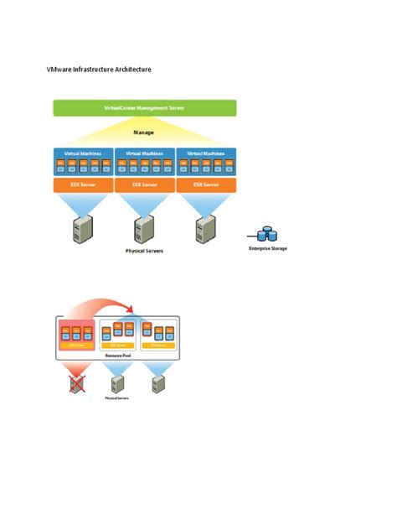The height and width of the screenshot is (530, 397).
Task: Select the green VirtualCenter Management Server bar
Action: pos(144,108)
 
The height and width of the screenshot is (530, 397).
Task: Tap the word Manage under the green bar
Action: pos(144,132)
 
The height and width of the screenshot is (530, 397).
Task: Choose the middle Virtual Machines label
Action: pos(144,153)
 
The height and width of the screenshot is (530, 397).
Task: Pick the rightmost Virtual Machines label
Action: pos(206,153)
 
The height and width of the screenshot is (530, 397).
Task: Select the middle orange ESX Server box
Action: pos(144,184)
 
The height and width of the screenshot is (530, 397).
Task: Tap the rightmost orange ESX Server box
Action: pos(206,184)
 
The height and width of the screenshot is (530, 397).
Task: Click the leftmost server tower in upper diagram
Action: pos(83,226)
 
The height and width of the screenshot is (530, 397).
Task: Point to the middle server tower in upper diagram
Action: pos(145,226)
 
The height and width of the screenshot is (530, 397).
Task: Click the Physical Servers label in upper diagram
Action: pos(144,250)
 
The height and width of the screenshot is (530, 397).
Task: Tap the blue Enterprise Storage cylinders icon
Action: pos(267,234)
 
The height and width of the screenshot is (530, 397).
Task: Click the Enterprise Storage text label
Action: pos(267,248)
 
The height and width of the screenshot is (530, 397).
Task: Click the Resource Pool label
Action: pos(117,356)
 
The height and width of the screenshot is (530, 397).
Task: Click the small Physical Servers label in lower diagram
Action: pos(117,398)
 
